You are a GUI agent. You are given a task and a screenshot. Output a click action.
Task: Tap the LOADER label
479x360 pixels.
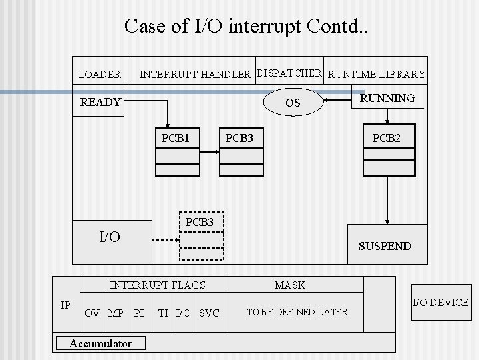[x=100, y=74]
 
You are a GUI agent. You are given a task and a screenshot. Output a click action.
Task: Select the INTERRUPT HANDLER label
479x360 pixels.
[x=194, y=74]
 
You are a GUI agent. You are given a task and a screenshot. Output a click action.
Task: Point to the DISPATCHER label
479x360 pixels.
[x=289, y=73]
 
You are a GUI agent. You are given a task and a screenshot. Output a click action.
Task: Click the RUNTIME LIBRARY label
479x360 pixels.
[x=377, y=74]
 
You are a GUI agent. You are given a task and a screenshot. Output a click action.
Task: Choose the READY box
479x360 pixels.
[x=100, y=102]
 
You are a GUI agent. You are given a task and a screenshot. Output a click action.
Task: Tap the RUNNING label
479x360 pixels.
[x=387, y=98]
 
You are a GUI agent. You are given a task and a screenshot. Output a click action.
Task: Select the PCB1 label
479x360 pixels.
[x=176, y=139]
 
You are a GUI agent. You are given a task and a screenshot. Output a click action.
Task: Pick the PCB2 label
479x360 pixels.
[x=387, y=139]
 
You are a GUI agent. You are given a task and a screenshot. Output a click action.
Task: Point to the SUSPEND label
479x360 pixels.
[x=385, y=246]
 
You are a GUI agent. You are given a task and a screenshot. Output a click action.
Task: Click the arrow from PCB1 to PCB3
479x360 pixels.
[x=210, y=153]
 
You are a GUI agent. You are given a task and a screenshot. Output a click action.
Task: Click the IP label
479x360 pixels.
[x=65, y=305]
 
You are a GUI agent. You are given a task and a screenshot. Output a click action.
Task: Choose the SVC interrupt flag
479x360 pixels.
[x=209, y=313]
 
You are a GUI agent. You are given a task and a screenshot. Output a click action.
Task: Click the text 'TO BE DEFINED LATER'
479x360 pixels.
[x=297, y=312]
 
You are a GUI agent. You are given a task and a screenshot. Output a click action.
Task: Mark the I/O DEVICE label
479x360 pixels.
[x=440, y=303]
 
